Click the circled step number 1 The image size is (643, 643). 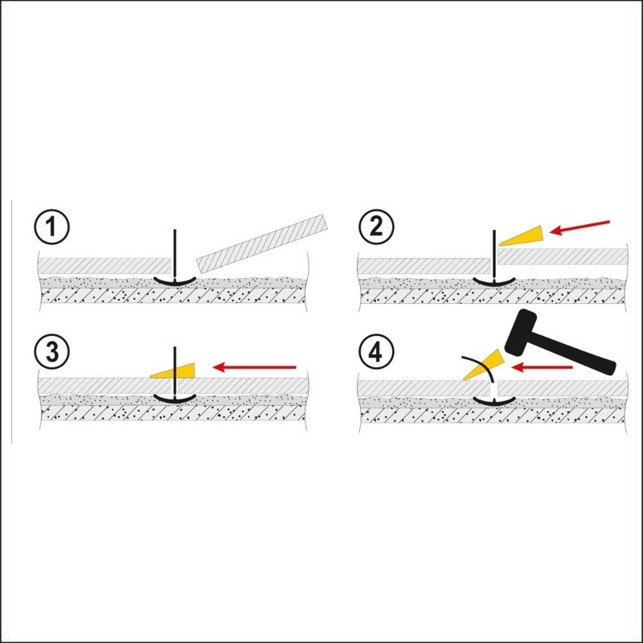click(x=51, y=227)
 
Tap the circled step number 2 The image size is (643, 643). click(x=376, y=227)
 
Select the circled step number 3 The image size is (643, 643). click(x=51, y=351)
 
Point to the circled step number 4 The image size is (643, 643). click(x=376, y=351)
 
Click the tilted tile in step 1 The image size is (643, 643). click(x=263, y=244)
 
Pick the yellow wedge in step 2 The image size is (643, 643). click(x=523, y=236)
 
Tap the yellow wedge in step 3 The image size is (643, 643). click(x=173, y=371)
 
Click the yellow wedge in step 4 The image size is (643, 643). click(x=484, y=365)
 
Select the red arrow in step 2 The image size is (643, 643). click(x=580, y=227)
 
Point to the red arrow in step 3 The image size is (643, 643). click(x=255, y=367)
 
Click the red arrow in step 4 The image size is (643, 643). click(x=542, y=367)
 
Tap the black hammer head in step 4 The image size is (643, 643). click(x=520, y=332)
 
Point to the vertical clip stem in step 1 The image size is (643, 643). click(x=174, y=254)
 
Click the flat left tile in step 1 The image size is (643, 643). click(x=104, y=266)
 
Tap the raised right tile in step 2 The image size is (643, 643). click(x=563, y=256)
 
